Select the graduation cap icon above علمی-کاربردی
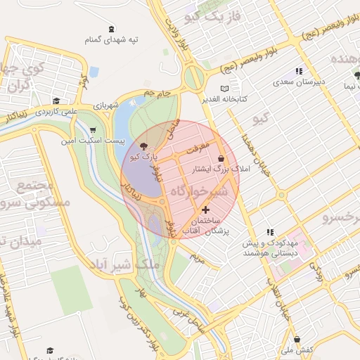pyautogui.click(x=56, y=101)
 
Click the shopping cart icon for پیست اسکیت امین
pyautogui.click(x=94, y=130)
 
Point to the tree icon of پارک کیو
pyautogui.click(x=144, y=147)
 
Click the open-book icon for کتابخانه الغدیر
pyautogui.click(x=225, y=89)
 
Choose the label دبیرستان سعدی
pyautogui.click(x=299, y=82)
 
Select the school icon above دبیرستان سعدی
pyautogui.click(x=299, y=71)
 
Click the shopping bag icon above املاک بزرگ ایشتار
pyautogui.click(x=222, y=159)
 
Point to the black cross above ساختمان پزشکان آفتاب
pyautogui.click(x=205, y=210)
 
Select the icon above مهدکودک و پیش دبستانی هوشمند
pyautogui.click(x=269, y=232)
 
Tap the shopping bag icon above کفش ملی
pyautogui.click(x=296, y=340)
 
